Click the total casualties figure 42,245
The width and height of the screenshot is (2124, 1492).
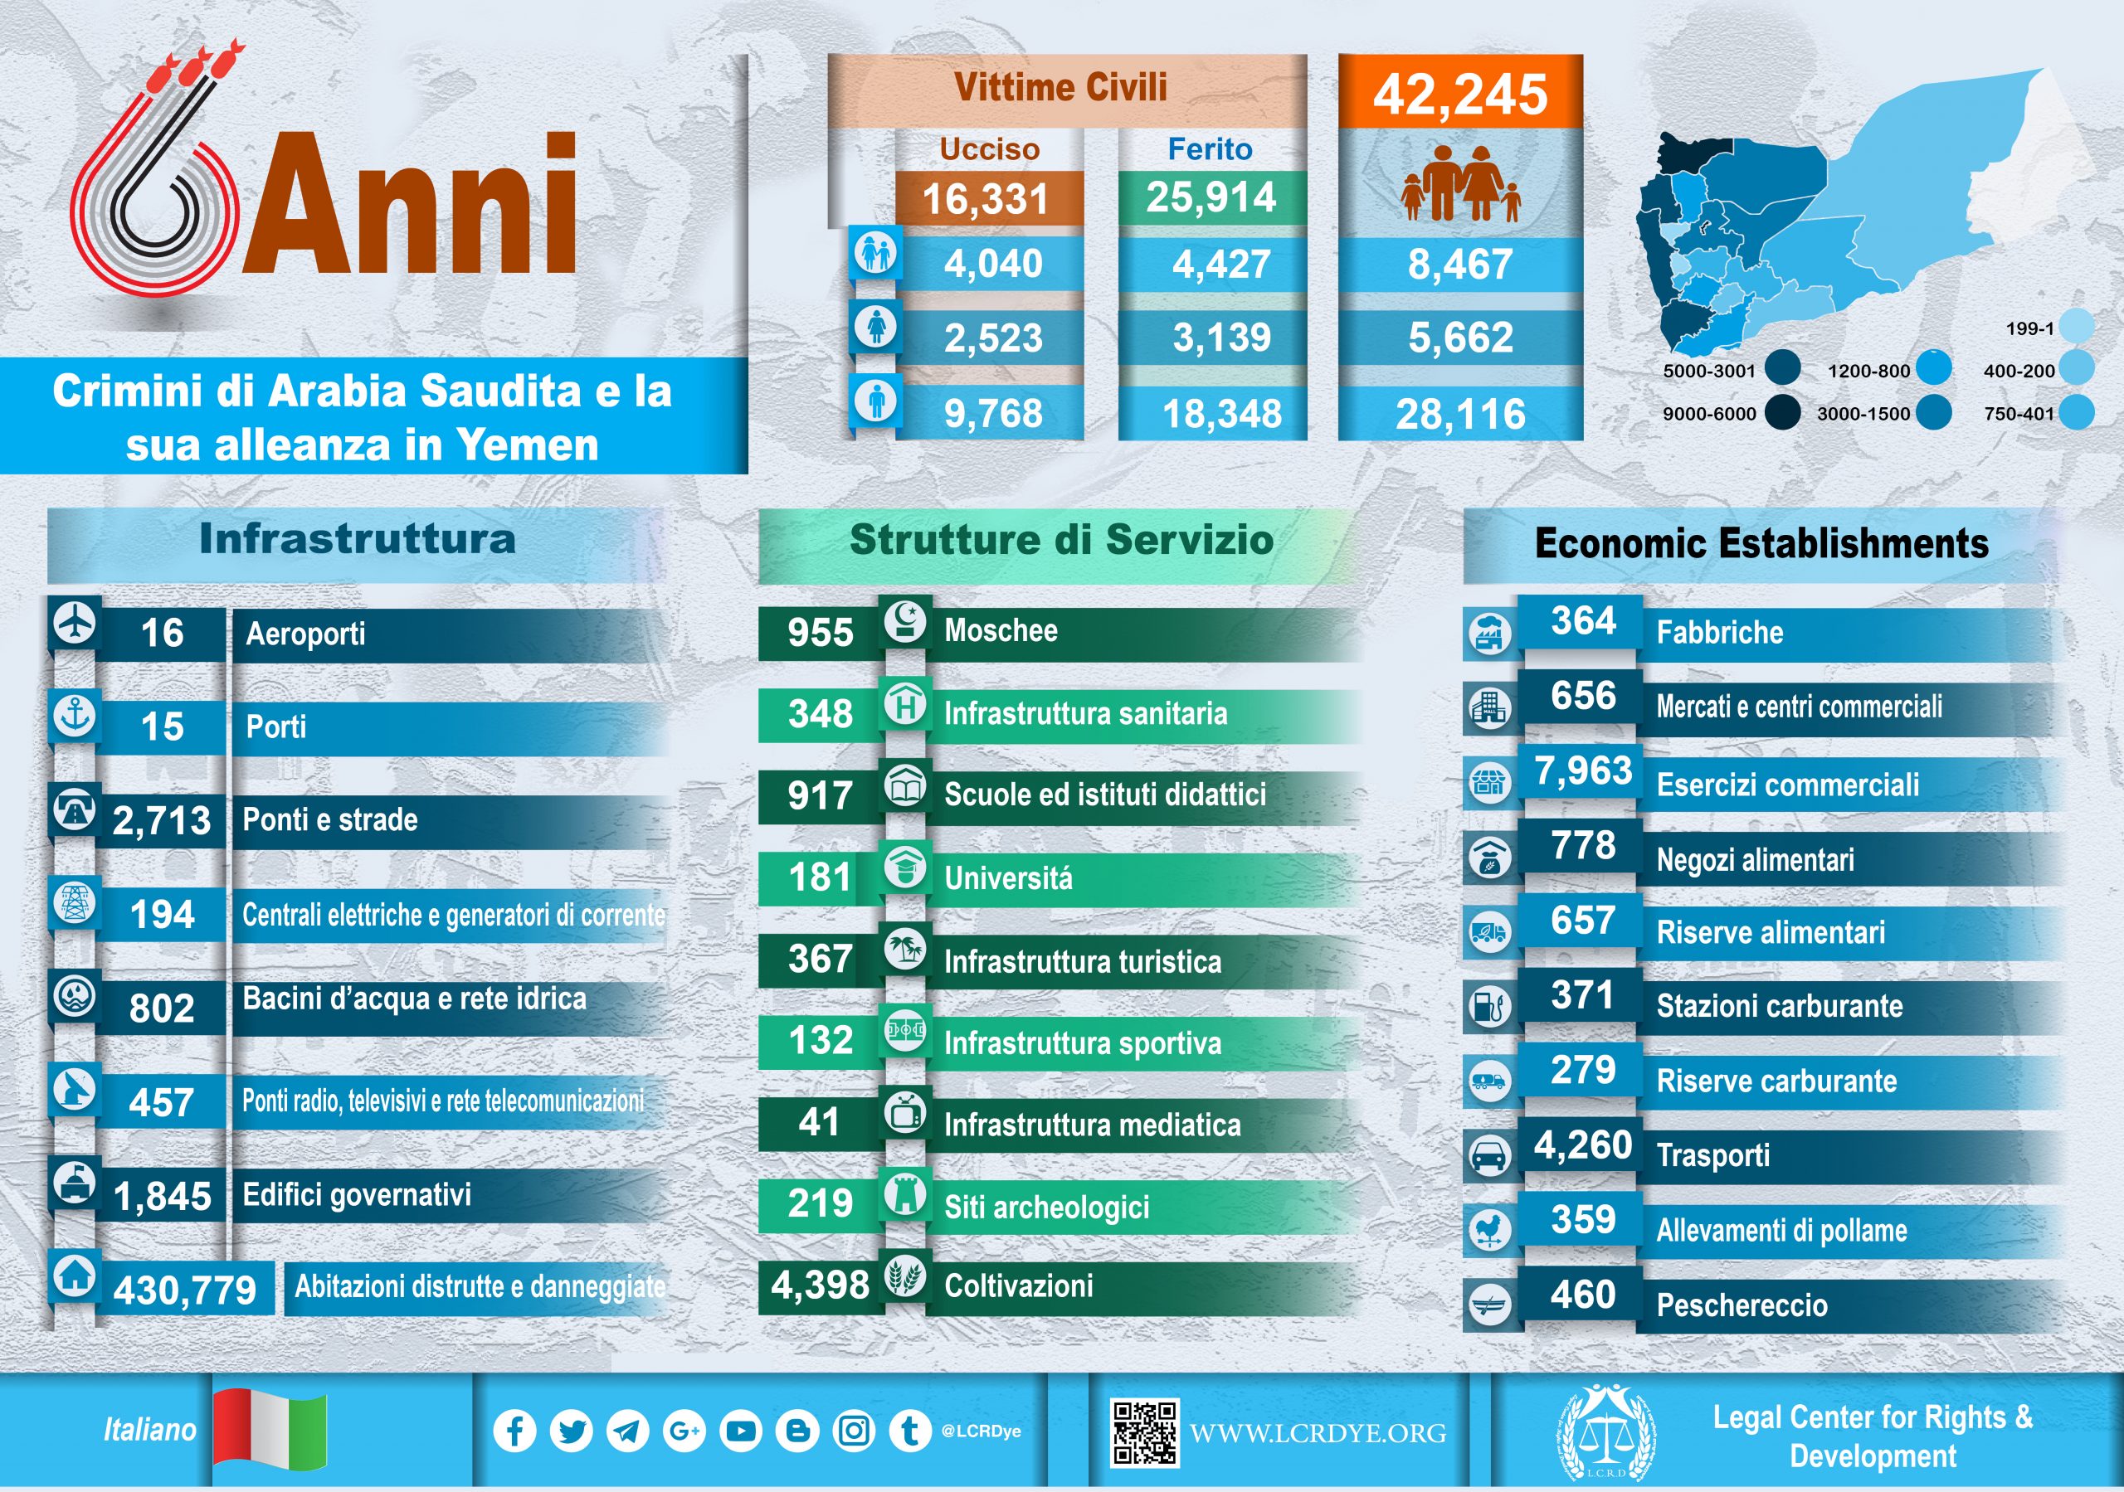(1459, 95)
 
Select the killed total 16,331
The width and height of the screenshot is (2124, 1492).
(986, 199)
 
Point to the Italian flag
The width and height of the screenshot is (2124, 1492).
(269, 1429)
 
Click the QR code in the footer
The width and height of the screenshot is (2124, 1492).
(1144, 1432)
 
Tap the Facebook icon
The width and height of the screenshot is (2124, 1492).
(514, 1430)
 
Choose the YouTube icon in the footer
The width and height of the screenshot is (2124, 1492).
(741, 1431)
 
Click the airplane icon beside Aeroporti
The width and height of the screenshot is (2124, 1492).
(75, 623)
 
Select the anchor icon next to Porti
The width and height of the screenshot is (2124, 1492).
(75, 715)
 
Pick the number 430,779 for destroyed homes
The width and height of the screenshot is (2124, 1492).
(185, 1290)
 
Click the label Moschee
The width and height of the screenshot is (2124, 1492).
(1001, 631)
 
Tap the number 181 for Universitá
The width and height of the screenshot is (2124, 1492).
(820, 877)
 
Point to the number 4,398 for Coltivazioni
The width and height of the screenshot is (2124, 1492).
(820, 1285)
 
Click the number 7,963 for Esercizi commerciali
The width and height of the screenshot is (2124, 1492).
(1583, 770)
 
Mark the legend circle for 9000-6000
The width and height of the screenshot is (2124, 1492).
(1781, 412)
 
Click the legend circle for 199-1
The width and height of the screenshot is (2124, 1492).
(2078, 327)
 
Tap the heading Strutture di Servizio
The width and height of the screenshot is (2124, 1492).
(1061, 540)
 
